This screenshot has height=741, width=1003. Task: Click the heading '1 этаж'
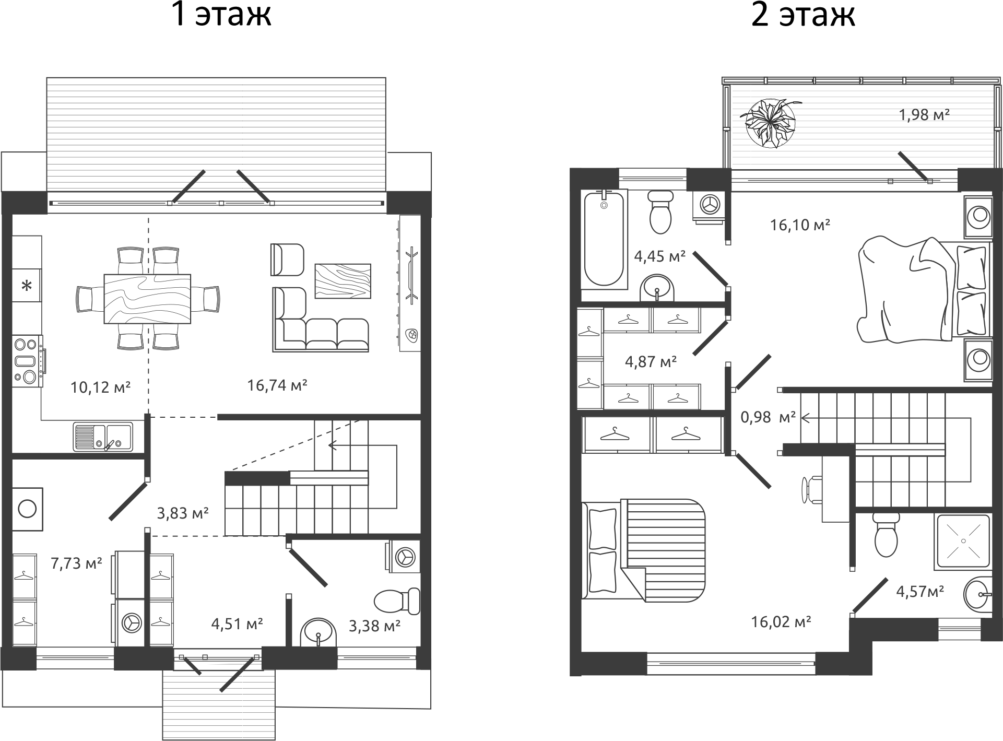pos(221,15)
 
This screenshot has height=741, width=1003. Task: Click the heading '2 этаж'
pos(803,15)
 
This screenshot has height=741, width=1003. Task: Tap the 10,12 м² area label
pos(100,387)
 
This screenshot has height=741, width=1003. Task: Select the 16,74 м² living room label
pos(277,385)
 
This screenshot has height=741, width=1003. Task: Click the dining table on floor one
pos(147,299)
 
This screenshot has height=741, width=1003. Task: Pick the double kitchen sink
pos(103,437)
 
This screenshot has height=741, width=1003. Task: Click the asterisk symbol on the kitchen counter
pos(27,286)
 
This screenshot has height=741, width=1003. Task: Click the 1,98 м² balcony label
pos(924,114)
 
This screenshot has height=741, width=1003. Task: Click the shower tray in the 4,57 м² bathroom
pos(963,540)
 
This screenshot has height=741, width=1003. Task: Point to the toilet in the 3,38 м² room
pos(397,602)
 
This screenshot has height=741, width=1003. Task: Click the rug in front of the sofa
pos(343,281)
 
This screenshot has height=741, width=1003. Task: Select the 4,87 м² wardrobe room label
pos(651,361)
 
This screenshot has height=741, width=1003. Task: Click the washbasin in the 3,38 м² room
pos(318,633)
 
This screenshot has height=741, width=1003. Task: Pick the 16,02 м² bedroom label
pos(781,621)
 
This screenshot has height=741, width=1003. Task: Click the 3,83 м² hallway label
pos(183,513)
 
